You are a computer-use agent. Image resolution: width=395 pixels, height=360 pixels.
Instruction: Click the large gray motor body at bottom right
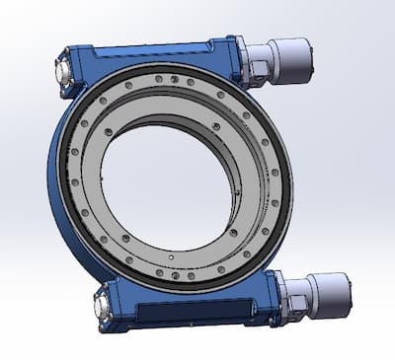coord(316,295)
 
